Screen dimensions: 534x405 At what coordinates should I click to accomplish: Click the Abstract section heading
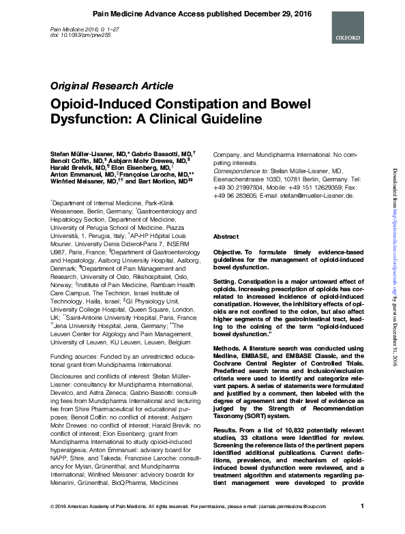click(x=226, y=235)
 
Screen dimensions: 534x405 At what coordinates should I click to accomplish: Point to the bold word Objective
click(x=230, y=252)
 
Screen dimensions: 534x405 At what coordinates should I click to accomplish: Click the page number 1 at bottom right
click(x=362, y=524)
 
